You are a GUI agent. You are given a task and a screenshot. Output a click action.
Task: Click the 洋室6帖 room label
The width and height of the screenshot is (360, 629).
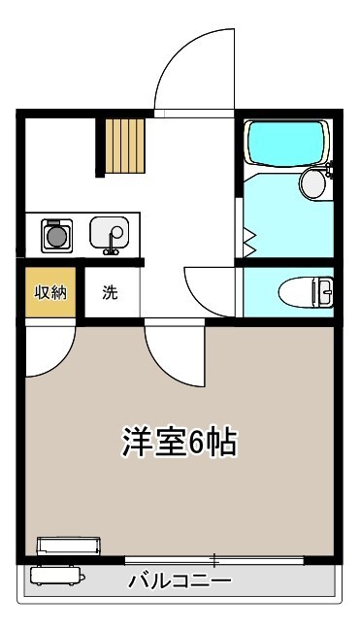[180, 443]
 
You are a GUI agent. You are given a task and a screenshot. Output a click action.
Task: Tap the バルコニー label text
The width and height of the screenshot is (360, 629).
[180, 580]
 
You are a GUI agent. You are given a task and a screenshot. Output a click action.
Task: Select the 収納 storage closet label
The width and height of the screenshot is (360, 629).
[50, 292]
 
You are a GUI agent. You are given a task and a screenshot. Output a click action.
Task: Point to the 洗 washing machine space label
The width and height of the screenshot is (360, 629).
[110, 292]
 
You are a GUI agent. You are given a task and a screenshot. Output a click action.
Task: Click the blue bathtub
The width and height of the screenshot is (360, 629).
[286, 143]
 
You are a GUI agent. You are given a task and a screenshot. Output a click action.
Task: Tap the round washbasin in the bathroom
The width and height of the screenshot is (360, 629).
[313, 183]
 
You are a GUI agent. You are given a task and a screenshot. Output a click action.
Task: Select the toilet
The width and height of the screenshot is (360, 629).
[306, 291]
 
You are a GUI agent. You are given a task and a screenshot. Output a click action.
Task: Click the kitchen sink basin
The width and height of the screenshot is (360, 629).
[109, 233]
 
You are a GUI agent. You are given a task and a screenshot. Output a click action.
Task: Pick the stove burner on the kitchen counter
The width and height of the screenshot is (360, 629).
[57, 236]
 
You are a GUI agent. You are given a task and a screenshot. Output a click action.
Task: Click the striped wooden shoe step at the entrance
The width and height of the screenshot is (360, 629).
[124, 146]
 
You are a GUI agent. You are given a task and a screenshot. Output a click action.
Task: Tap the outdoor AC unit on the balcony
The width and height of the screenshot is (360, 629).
[57, 576]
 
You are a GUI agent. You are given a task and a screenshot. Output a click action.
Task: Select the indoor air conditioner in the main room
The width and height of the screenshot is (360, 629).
[69, 546]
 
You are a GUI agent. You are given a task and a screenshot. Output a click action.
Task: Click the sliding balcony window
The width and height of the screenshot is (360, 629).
[214, 560]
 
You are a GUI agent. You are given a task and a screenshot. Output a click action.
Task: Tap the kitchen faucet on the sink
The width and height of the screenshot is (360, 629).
[113, 242]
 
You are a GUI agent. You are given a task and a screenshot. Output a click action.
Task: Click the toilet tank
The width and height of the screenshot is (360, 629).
[324, 291]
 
